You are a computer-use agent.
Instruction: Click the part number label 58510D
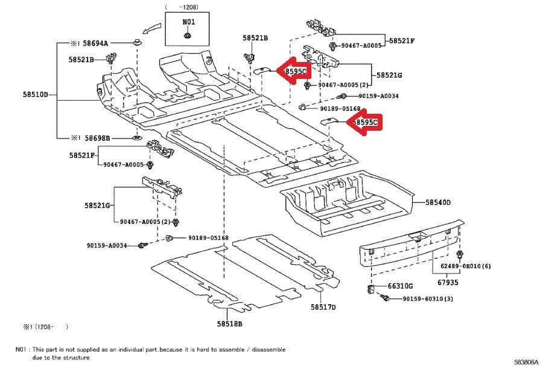(x=36, y=95)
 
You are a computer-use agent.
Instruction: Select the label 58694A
(x=97, y=43)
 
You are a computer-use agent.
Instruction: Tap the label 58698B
(x=98, y=138)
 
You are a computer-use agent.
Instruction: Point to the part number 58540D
(x=438, y=203)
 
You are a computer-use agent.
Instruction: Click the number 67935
(x=448, y=282)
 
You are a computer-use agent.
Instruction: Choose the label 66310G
(x=400, y=286)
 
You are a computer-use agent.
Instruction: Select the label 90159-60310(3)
(x=428, y=299)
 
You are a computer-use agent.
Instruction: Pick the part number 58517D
(x=323, y=307)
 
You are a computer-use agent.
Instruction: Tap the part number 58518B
(x=229, y=324)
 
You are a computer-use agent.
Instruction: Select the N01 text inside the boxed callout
(x=189, y=21)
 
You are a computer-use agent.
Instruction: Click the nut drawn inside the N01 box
(x=189, y=36)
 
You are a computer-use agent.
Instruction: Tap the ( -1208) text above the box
(x=182, y=7)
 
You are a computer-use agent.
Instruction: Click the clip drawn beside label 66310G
(x=372, y=288)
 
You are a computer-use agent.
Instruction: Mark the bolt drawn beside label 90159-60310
(x=386, y=298)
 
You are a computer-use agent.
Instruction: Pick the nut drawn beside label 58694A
(x=138, y=43)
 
